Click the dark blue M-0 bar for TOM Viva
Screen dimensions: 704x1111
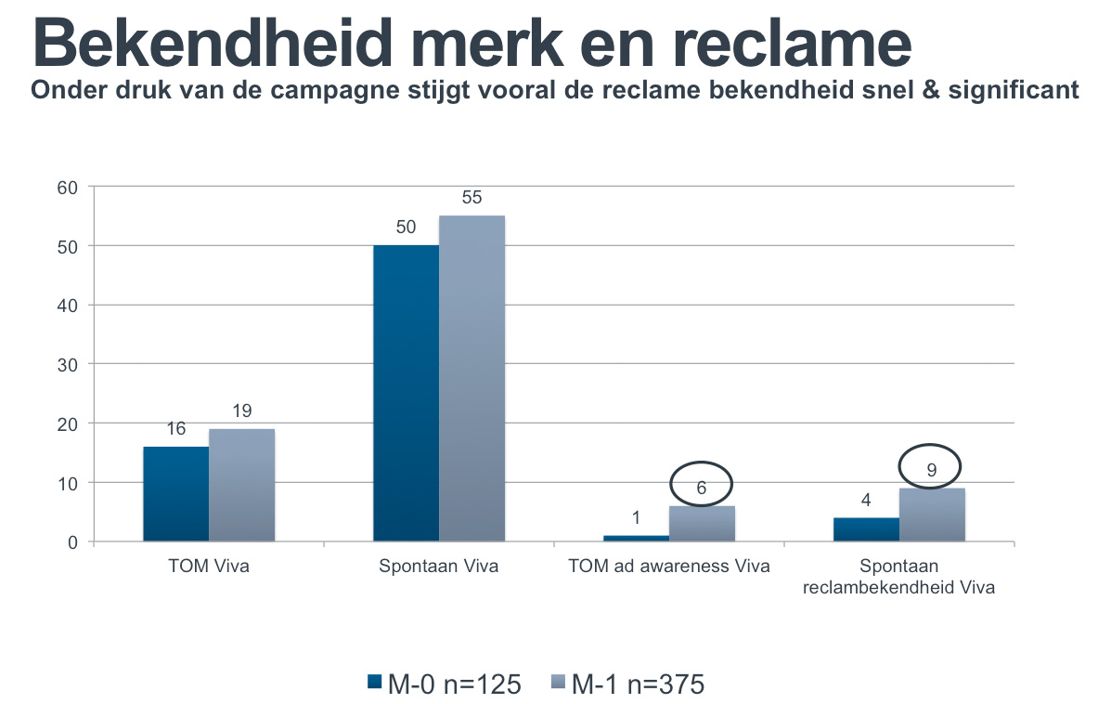175,493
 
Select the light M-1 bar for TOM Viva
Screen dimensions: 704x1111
241,484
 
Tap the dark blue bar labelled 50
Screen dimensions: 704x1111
406,393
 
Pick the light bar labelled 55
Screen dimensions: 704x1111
472,378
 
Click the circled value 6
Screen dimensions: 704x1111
702,485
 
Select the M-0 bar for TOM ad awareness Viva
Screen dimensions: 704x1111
636,538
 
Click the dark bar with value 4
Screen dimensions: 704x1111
866,529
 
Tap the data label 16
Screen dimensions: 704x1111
176,429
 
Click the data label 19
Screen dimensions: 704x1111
242,411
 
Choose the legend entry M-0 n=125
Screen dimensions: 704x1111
444,684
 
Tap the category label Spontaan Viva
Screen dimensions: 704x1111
439,567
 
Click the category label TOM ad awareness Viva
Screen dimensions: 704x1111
669,567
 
